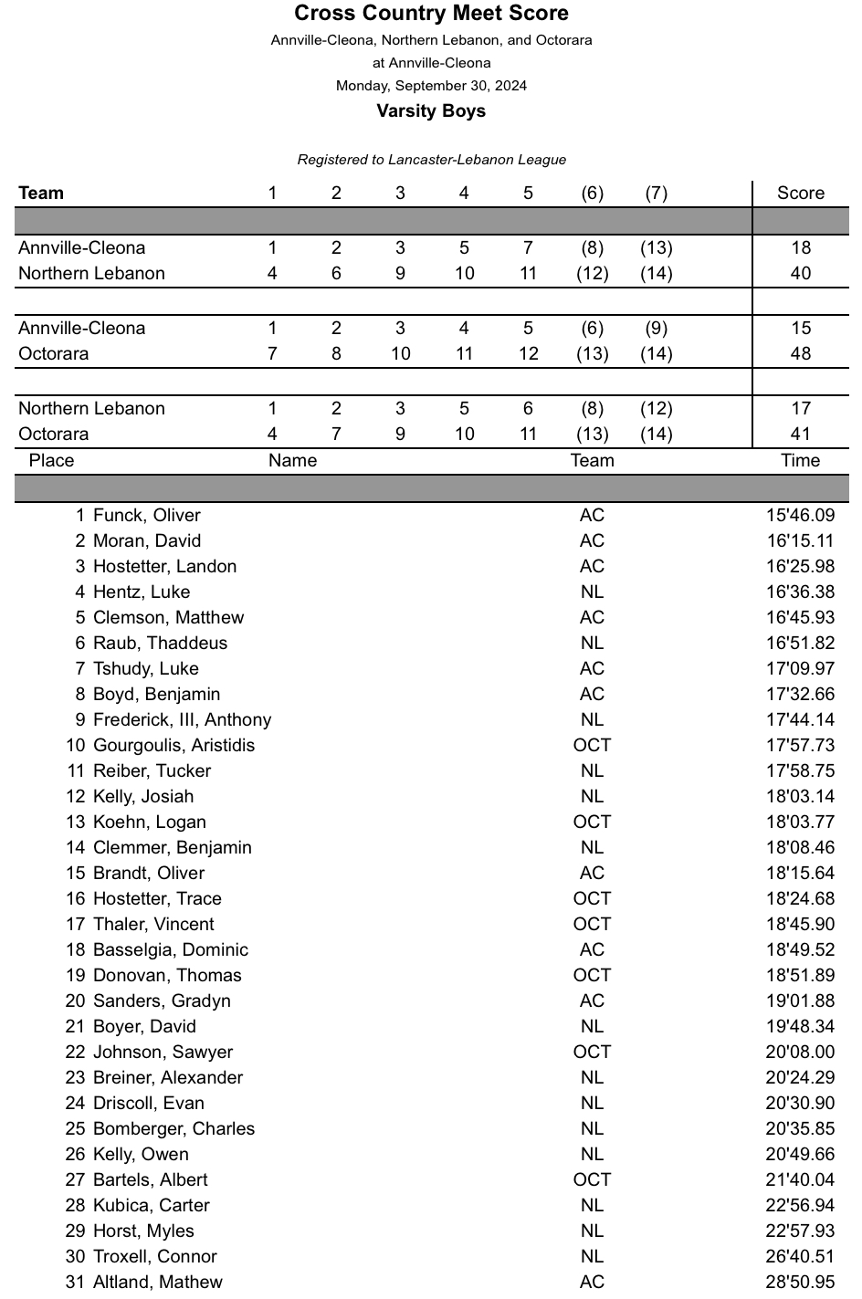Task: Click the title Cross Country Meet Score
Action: (x=431, y=14)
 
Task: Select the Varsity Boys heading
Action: (x=431, y=111)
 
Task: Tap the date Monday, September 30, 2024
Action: (x=431, y=86)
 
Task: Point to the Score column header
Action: (x=800, y=194)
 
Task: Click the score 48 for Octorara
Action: (x=800, y=354)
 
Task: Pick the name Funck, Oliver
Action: (x=146, y=516)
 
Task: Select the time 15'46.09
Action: (x=800, y=516)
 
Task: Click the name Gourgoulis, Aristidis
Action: (x=173, y=746)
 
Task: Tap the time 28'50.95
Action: (x=800, y=1283)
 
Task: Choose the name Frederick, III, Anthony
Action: (x=182, y=720)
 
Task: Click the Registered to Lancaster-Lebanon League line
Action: (x=431, y=160)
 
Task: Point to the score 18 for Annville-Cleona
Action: (x=800, y=248)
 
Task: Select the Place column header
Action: (x=51, y=461)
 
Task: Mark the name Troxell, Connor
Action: (x=155, y=1257)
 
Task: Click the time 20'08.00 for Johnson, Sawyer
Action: (x=800, y=1053)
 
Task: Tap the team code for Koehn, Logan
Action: (x=592, y=822)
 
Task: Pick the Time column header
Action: (x=800, y=461)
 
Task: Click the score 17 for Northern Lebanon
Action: (x=800, y=409)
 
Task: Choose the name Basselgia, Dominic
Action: (x=170, y=950)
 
